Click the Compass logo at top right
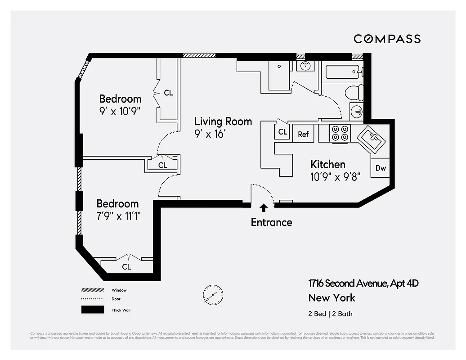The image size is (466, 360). (387, 39)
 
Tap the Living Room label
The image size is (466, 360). (223, 121)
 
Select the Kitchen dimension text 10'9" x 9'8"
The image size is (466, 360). (335, 176)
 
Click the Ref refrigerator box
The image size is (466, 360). (303, 134)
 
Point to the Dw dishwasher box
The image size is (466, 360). (381, 168)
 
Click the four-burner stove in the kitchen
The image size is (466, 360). (340, 133)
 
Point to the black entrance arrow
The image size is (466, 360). (264, 207)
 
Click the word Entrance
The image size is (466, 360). (271, 222)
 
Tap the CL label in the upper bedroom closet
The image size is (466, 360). (168, 93)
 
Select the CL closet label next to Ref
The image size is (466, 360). (282, 132)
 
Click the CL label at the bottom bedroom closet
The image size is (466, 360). (127, 267)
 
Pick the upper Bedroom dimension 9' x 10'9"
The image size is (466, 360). (120, 111)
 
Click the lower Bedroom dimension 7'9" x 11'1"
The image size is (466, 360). (118, 216)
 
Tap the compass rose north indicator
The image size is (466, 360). (213, 295)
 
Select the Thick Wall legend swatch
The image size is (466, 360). (93, 310)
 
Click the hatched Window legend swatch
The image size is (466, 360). (93, 290)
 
